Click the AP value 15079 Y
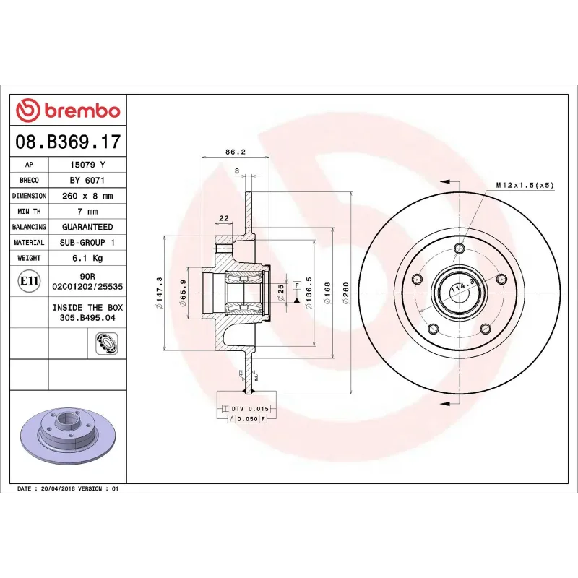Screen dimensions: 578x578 click(87, 165)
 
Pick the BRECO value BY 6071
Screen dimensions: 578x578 click(87, 180)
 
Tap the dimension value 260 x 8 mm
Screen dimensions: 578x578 click(87, 196)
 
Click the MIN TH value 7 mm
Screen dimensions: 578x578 click(87, 212)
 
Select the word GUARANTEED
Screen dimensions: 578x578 click(87, 227)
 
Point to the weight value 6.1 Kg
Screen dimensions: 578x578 click(87, 258)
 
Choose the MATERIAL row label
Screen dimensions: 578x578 click(30, 243)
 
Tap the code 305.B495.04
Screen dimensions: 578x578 click(87, 316)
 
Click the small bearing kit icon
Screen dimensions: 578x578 click(105, 343)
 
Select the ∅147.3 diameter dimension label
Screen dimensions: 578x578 click(159, 293)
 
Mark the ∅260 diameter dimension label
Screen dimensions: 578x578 click(346, 293)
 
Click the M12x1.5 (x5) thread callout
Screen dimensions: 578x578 click(525, 186)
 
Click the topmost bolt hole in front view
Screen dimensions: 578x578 click(459, 249)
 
